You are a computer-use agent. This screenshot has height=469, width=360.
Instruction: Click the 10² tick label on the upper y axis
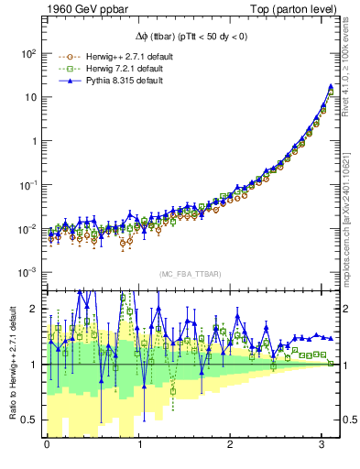pos(28,53)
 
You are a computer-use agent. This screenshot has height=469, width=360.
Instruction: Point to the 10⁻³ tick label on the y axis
pos(28,272)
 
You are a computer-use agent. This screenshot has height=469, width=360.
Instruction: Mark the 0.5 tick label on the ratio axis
pos(28,420)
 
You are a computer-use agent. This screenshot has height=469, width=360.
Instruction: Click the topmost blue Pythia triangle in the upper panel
pos(330,87)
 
